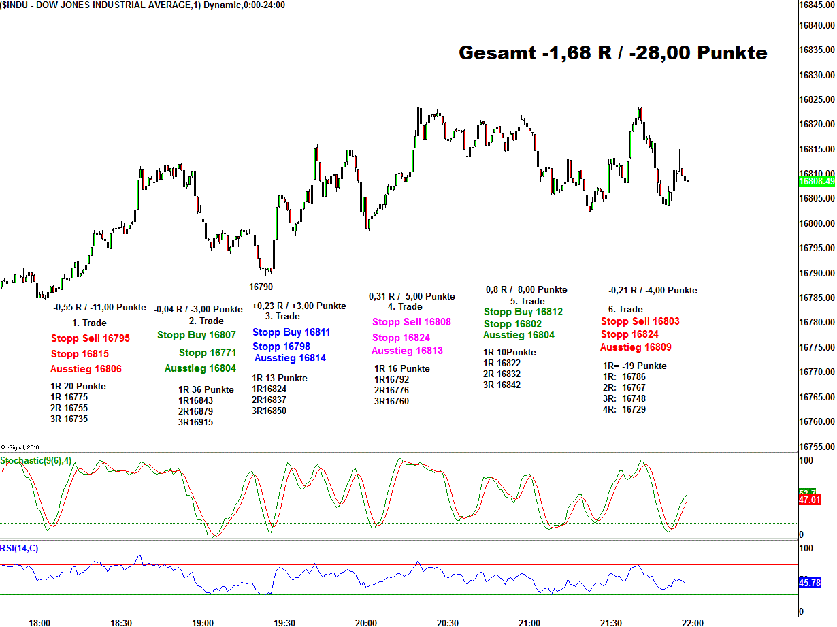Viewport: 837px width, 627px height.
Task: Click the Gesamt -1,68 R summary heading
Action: (x=613, y=53)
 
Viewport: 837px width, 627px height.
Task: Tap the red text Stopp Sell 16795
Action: (x=90, y=338)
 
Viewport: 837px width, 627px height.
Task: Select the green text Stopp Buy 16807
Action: (x=197, y=335)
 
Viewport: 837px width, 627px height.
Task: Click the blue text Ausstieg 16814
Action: (x=290, y=358)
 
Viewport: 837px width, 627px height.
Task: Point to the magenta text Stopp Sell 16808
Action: (x=411, y=322)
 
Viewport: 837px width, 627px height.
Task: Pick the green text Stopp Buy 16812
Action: (x=523, y=312)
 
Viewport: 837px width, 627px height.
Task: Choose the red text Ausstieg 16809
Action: (x=636, y=347)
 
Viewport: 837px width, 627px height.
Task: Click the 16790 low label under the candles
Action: (x=261, y=287)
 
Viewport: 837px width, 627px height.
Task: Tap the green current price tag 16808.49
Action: (x=817, y=181)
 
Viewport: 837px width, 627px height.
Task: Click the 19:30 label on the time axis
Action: (x=284, y=622)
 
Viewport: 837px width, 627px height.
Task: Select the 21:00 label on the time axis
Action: (x=529, y=622)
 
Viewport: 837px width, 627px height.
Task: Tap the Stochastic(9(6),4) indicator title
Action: (x=36, y=461)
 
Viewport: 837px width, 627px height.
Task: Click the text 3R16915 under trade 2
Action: (x=195, y=422)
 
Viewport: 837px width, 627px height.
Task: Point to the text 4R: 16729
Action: (x=624, y=409)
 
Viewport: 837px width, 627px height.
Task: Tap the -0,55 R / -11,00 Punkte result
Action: (x=99, y=307)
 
